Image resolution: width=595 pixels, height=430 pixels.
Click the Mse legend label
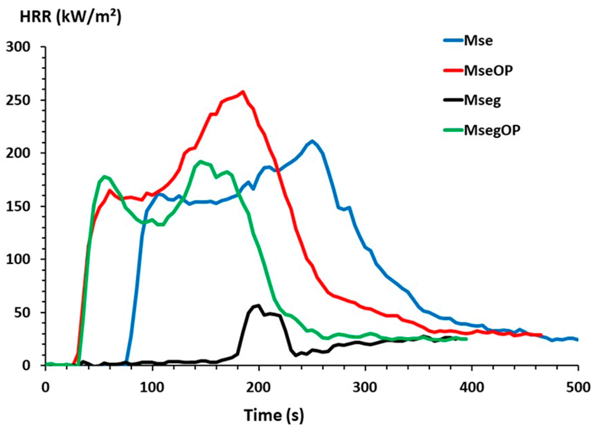[x=478, y=41]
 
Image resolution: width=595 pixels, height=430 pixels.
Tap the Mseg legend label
[x=482, y=100]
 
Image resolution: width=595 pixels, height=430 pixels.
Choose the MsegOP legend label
[x=492, y=130]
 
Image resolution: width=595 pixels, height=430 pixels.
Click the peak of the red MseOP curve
[x=243, y=92]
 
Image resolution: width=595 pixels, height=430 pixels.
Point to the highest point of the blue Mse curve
[x=312, y=141]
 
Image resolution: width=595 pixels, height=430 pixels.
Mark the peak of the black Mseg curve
[x=259, y=305]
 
